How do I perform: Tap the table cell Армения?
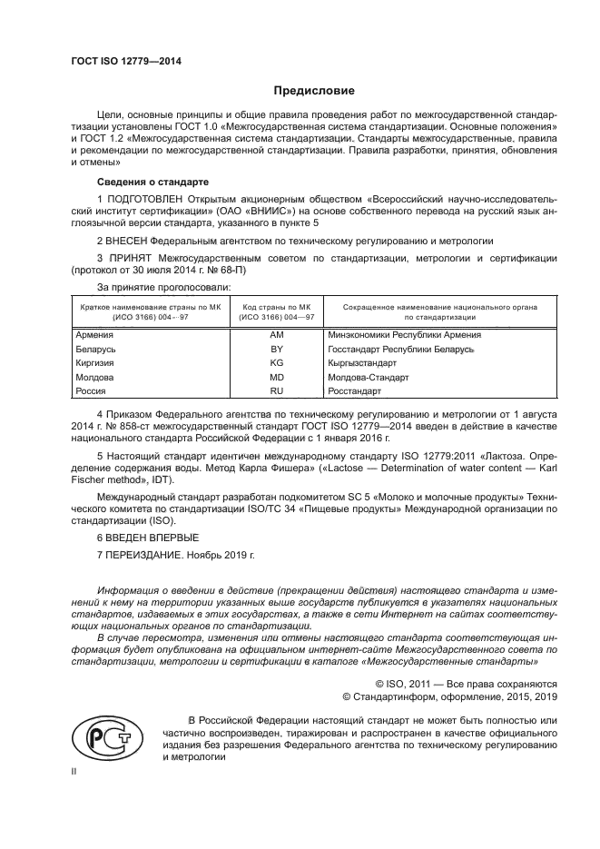95,334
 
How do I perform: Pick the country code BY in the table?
277,349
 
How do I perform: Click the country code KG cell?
277,362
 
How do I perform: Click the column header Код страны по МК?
277,307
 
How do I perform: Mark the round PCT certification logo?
106,734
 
